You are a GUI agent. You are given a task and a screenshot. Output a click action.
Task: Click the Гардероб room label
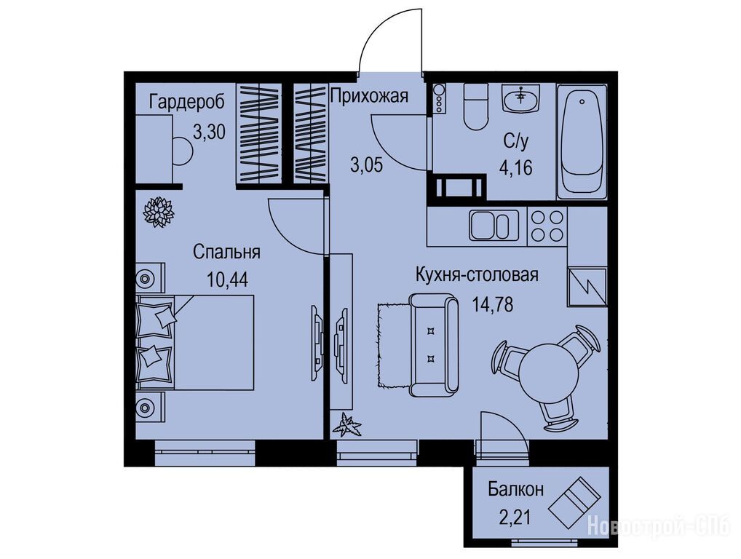tap(186, 102)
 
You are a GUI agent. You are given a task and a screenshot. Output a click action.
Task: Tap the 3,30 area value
tap(210, 132)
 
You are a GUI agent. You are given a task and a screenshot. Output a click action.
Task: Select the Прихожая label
tap(369, 96)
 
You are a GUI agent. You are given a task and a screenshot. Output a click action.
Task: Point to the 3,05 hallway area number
tap(366, 166)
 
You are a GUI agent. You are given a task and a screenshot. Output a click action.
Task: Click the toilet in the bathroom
tap(475, 107)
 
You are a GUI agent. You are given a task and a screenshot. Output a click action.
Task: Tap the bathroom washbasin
tap(520, 98)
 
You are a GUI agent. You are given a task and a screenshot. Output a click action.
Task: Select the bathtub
tap(582, 142)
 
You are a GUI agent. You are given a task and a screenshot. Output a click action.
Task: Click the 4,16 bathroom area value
tap(516, 167)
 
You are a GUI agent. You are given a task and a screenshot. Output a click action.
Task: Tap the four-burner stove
tap(547, 226)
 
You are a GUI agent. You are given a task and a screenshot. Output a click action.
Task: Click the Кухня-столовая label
tap(477, 274)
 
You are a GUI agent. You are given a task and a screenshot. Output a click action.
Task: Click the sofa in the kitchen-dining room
tap(433, 345)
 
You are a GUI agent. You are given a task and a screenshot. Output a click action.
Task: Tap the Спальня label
tap(226, 253)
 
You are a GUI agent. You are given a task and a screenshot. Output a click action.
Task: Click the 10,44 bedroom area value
tap(227, 279)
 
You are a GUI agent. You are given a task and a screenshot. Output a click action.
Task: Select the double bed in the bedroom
tap(195, 343)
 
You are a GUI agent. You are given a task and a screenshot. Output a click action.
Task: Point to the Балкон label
tap(515, 489)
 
